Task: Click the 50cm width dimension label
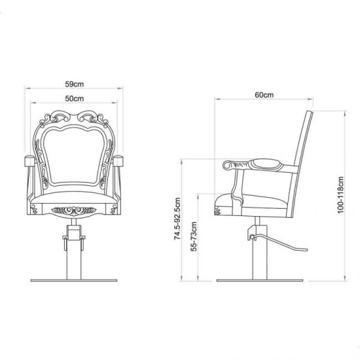coord(73,99)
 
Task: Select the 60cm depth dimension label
coord(264,95)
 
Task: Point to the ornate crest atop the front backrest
coord(73,119)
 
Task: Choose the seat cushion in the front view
coord(73,195)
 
